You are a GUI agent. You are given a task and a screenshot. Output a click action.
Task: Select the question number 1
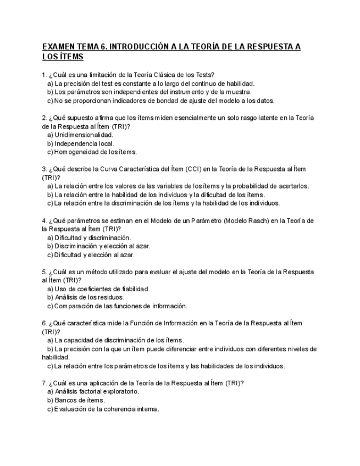click(x=44, y=75)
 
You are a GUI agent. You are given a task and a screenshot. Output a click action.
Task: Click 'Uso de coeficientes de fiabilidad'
click(x=102, y=289)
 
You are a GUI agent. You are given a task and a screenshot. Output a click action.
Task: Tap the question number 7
click(x=44, y=382)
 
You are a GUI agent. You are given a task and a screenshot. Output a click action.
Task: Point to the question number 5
click(x=44, y=271)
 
